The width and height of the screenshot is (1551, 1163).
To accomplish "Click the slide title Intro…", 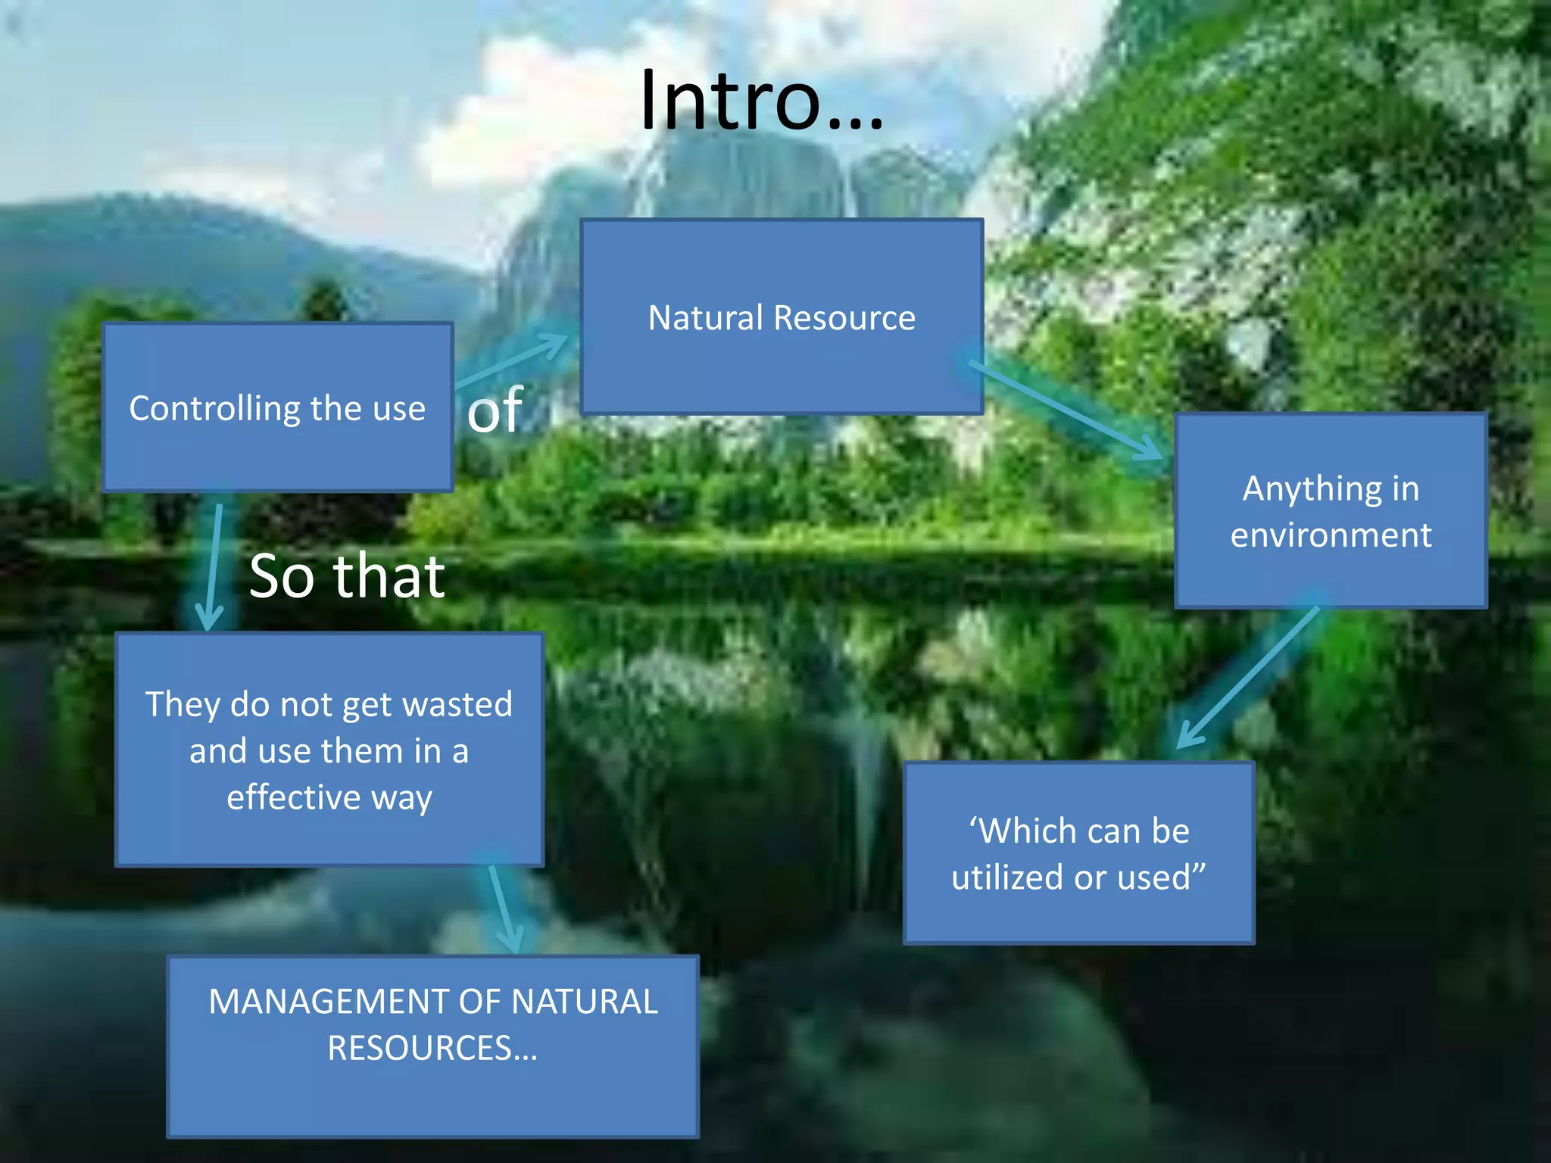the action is (761, 100).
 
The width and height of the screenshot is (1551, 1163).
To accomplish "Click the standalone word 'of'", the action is (495, 410).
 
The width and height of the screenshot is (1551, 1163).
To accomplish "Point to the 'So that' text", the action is (347, 575).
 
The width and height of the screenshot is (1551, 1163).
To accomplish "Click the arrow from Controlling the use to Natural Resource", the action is (515, 360).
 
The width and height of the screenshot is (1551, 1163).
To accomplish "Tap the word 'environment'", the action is (1331, 535).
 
